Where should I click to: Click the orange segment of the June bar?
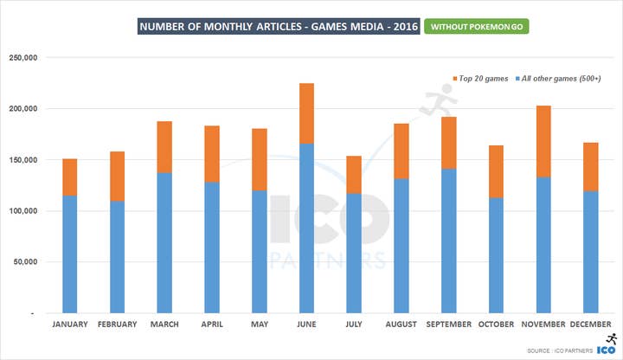click(305, 113)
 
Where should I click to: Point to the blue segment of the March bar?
click(164, 242)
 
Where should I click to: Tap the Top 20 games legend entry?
click(478, 79)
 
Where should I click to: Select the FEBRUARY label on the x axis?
click(117, 325)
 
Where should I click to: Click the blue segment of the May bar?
click(258, 251)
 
